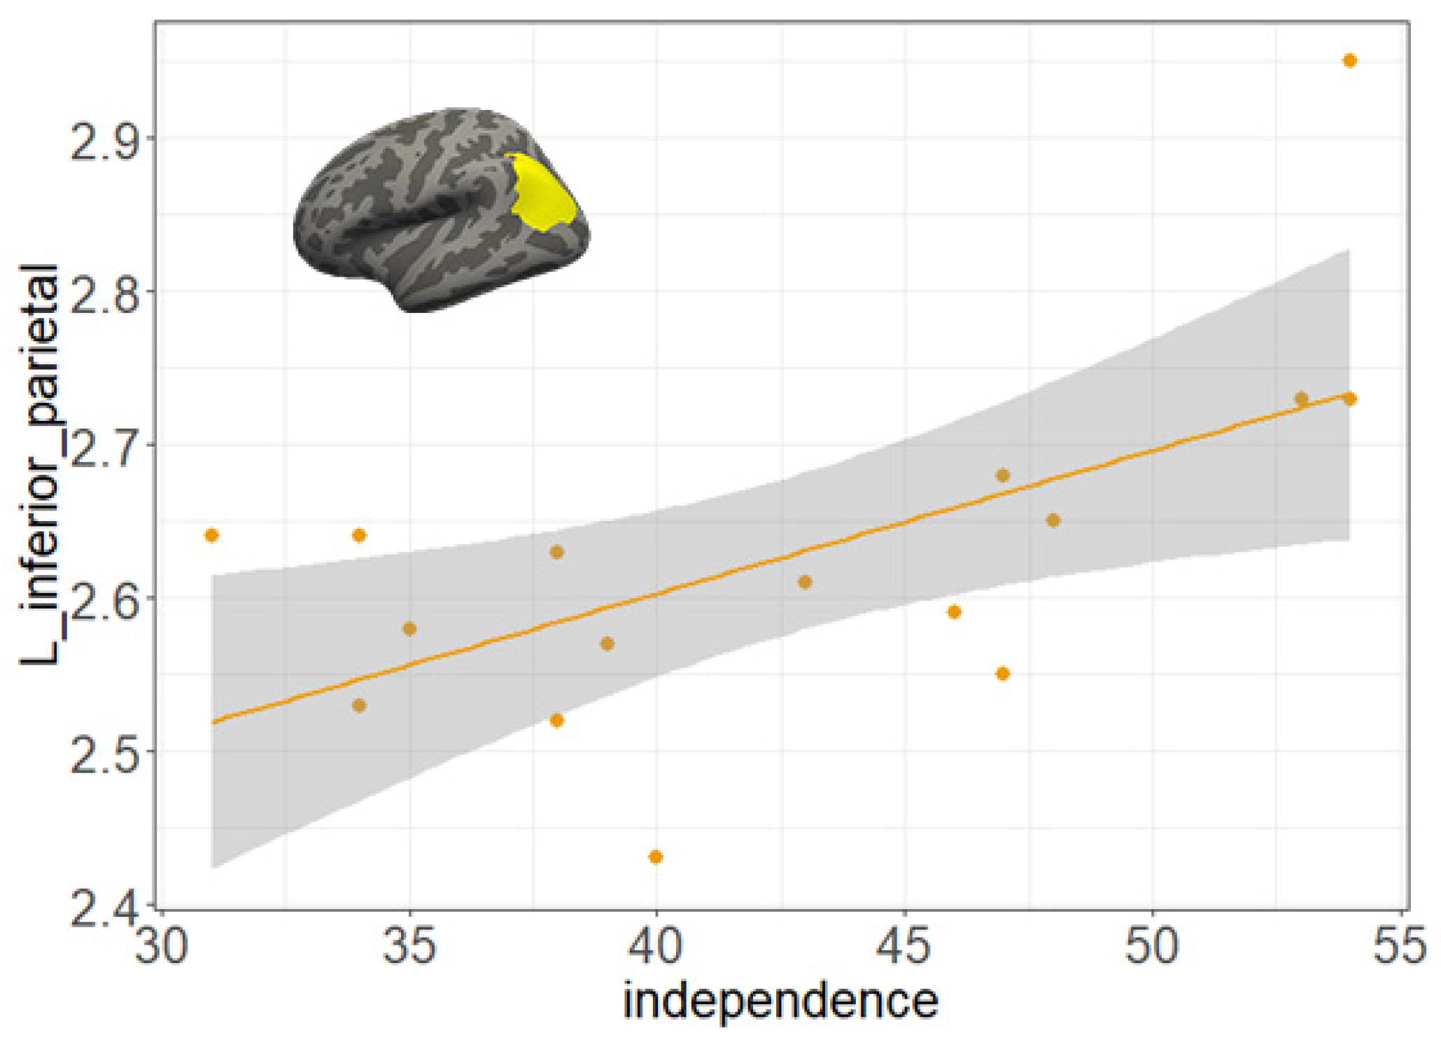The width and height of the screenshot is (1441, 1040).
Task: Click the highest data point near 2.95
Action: (x=1349, y=61)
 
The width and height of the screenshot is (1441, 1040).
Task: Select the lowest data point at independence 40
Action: (x=656, y=857)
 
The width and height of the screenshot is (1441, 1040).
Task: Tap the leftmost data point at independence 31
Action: (x=211, y=536)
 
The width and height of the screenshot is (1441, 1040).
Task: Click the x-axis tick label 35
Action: (x=409, y=946)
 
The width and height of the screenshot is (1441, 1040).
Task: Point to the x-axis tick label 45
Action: (x=904, y=946)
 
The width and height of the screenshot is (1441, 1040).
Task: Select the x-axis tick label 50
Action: (x=1152, y=946)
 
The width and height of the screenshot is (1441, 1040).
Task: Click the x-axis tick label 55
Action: (x=1398, y=946)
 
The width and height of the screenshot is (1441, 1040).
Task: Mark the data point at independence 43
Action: (x=805, y=582)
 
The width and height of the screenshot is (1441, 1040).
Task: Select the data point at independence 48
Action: (x=1053, y=520)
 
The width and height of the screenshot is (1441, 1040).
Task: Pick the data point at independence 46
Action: (x=954, y=612)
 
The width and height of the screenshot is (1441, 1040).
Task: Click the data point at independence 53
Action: (x=1301, y=399)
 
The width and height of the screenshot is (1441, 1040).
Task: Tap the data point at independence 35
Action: (x=409, y=629)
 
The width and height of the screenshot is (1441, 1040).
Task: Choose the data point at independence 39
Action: (x=607, y=644)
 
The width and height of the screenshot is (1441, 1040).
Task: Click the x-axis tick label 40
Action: (x=656, y=946)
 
